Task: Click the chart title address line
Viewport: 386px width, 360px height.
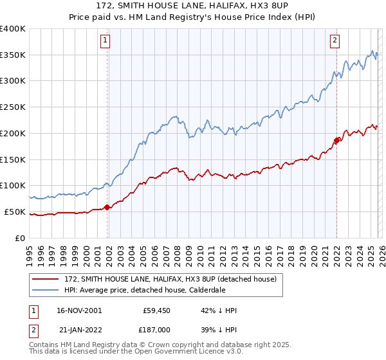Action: click(192, 6)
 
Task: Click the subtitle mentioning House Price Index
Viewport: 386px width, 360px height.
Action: click(192, 17)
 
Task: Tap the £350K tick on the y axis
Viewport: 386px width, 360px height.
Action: click(13, 55)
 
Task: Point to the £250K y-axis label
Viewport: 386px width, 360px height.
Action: click(13, 107)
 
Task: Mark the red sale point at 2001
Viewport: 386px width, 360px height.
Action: click(107, 206)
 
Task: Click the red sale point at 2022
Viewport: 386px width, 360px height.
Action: click(336, 139)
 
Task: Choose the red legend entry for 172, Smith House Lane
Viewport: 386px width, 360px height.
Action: click(170, 278)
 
